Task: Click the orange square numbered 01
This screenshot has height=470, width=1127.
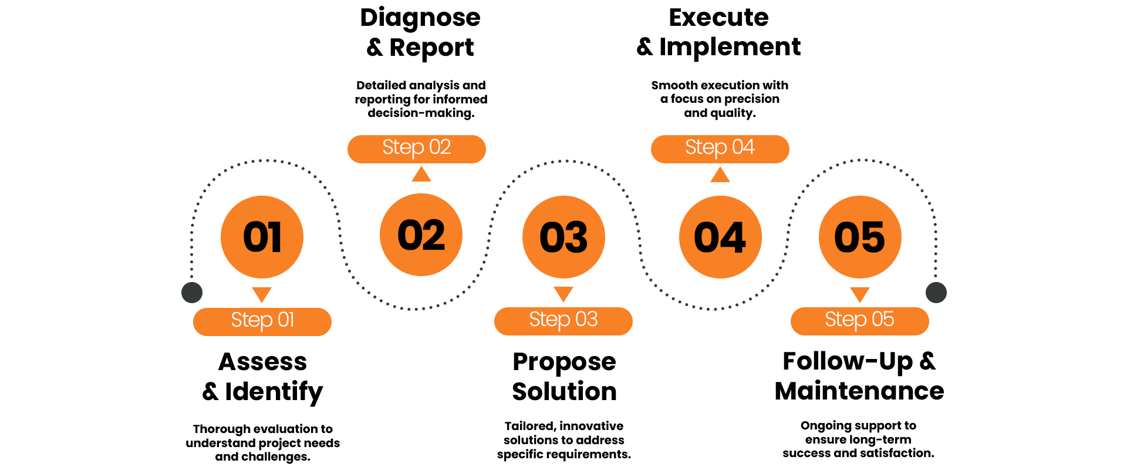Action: [262, 237]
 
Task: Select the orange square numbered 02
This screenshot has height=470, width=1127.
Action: [421, 235]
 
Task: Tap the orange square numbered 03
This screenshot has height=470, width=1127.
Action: [563, 237]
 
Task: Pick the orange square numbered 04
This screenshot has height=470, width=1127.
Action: [720, 237]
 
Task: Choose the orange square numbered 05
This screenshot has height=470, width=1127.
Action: [860, 237]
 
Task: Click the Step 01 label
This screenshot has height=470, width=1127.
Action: [262, 321]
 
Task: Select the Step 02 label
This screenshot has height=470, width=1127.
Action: [417, 148]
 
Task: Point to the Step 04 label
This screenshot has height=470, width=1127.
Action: [720, 148]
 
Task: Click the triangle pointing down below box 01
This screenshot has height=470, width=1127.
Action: [262, 294]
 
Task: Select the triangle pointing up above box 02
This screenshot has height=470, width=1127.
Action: [421, 174]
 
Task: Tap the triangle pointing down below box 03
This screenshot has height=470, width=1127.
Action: [563, 293]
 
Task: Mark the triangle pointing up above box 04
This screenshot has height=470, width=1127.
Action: [720, 175]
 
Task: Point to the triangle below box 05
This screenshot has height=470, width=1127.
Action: [860, 294]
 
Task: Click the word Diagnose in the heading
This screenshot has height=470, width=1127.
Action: [420, 18]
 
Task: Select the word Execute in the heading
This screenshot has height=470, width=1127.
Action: [718, 18]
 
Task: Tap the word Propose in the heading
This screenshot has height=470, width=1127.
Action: [564, 362]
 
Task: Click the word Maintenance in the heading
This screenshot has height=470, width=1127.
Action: [859, 391]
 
